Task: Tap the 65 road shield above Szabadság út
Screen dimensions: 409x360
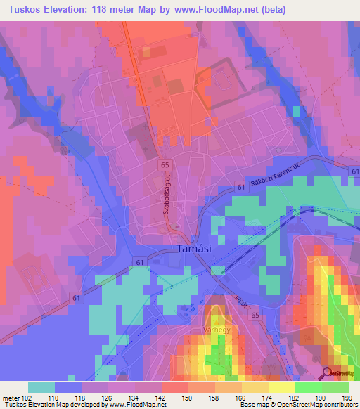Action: click(x=165, y=164)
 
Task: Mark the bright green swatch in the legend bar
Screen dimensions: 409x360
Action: click(x=309, y=387)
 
